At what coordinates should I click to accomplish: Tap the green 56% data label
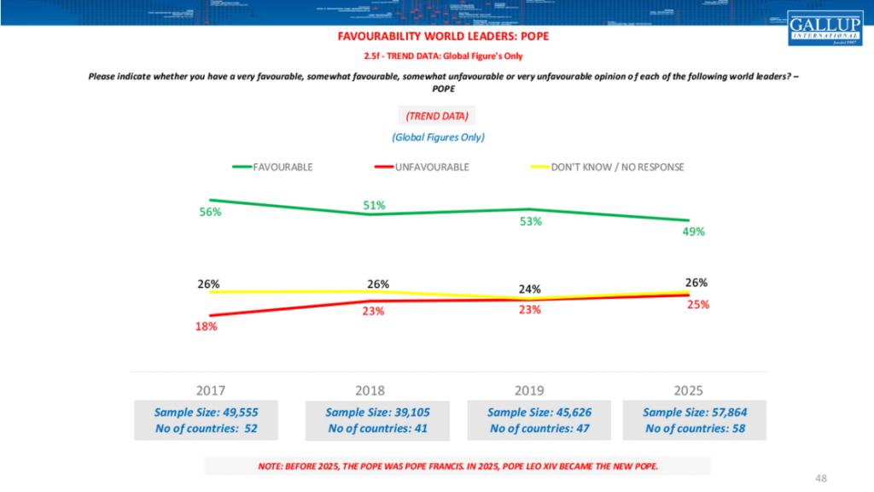click(210, 213)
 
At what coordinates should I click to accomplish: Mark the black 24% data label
click(530, 289)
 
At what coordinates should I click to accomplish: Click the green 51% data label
click(374, 205)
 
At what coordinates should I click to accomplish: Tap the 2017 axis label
click(211, 390)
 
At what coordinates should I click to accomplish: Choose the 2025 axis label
click(688, 390)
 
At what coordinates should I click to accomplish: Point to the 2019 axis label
click(528, 390)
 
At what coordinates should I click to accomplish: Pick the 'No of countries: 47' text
click(536, 429)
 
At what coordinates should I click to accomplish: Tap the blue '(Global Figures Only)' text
click(438, 137)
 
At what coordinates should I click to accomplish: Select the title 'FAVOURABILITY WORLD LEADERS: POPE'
click(437, 38)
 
